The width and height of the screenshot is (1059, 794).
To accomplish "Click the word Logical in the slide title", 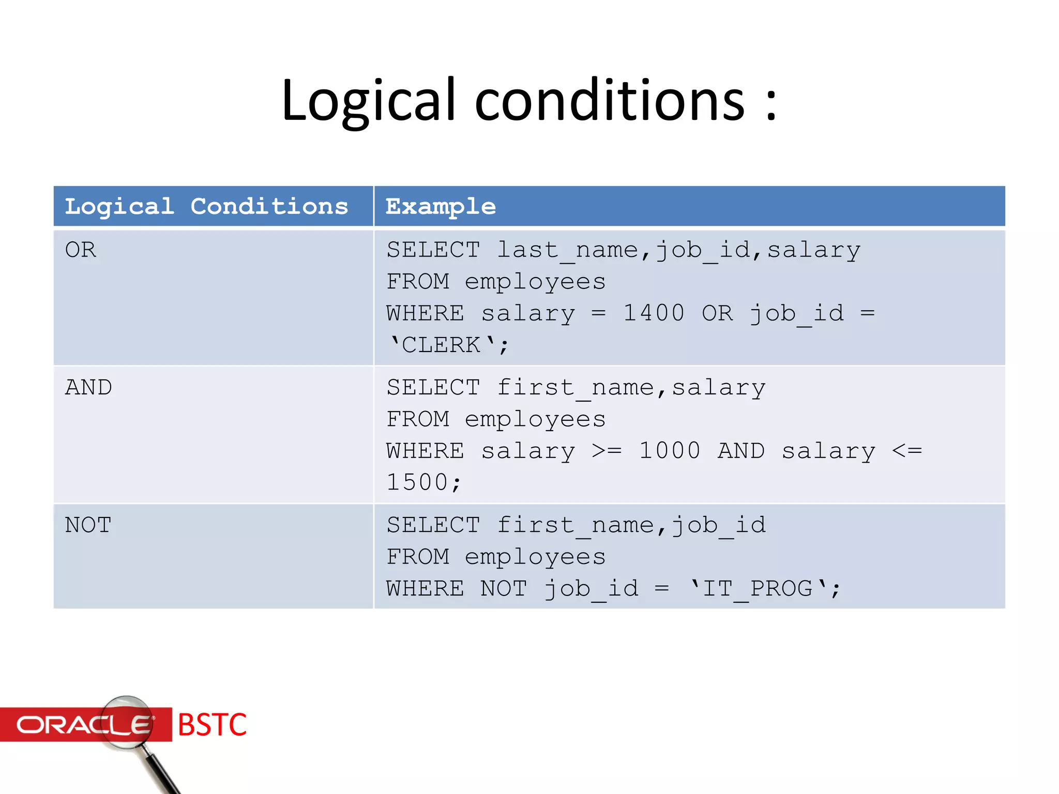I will [x=368, y=101].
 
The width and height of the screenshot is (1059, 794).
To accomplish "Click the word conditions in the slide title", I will [x=610, y=101].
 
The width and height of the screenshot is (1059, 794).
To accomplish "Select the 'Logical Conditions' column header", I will [x=206, y=206].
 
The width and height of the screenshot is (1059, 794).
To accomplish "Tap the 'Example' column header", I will [x=441, y=206].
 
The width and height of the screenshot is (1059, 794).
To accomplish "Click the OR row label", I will [x=81, y=250].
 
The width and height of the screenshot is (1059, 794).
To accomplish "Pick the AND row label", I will [x=88, y=388].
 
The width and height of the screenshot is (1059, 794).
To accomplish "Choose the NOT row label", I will [x=88, y=525].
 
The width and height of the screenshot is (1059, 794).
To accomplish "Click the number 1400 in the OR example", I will [x=654, y=313].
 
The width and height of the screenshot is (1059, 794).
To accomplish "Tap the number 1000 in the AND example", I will [x=670, y=451].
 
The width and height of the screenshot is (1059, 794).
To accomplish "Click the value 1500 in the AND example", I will [x=417, y=483].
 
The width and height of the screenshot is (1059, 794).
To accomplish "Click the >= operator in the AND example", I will [x=607, y=451].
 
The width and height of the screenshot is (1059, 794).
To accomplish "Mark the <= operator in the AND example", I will [x=907, y=451].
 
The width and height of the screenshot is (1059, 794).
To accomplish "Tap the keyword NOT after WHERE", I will [x=504, y=589].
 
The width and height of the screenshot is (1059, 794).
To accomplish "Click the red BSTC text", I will [x=212, y=725].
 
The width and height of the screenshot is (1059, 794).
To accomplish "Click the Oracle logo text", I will [x=83, y=725].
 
